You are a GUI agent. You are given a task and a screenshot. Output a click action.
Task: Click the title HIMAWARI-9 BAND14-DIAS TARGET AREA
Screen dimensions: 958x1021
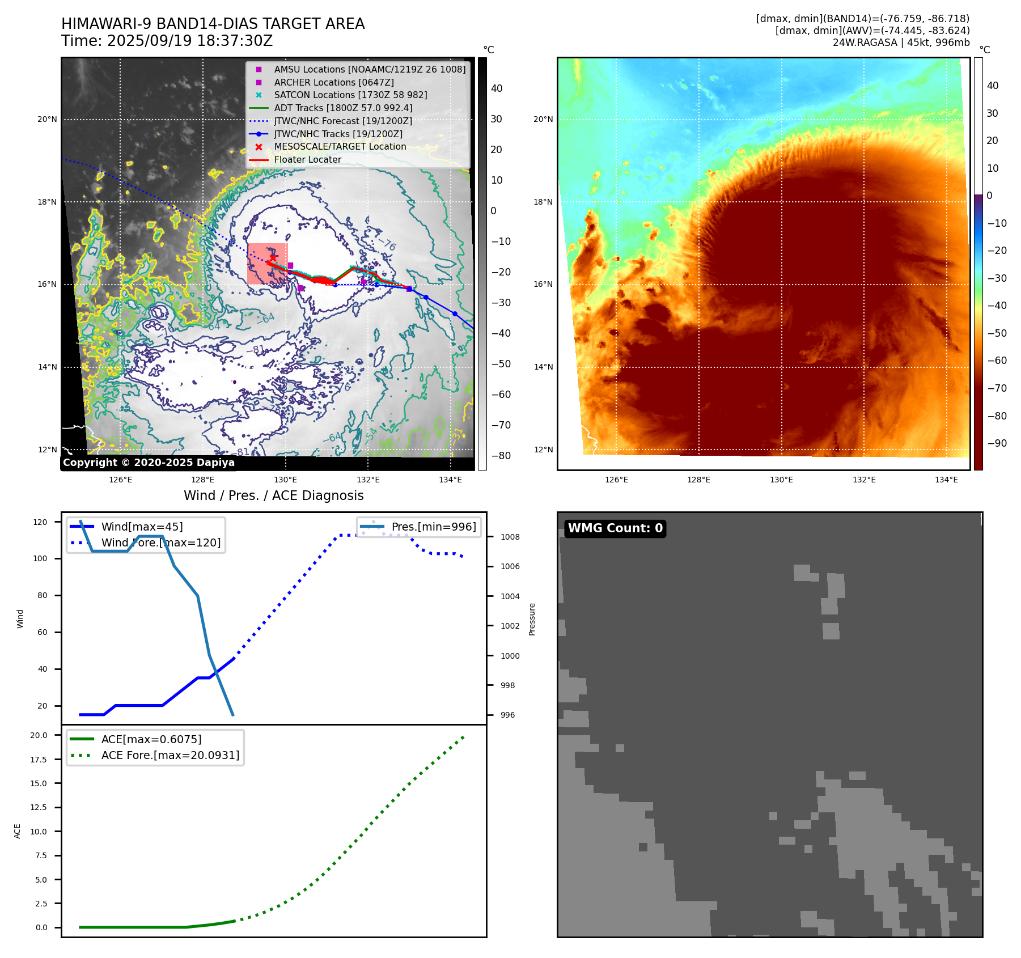[213, 24]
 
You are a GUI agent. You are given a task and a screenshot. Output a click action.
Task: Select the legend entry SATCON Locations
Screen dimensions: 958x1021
[350, 95]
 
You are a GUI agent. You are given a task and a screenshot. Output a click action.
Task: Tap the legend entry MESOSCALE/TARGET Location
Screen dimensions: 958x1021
[340, 147]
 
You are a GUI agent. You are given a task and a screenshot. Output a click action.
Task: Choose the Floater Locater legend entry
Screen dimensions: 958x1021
[307, 160]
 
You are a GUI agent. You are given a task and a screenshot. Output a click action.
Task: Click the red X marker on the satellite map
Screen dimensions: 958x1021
[273, 258]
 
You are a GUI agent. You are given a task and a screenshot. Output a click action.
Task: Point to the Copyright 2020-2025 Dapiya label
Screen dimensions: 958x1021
[149, 463]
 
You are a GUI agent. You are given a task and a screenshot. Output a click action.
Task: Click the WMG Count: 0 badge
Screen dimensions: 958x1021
[615, 528]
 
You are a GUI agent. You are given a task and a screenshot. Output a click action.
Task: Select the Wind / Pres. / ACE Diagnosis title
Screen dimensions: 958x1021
[273, 495]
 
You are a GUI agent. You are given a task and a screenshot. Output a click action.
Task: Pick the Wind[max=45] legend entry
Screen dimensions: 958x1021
[142, 527]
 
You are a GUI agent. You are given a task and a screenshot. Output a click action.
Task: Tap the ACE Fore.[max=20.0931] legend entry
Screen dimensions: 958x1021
[170, 755]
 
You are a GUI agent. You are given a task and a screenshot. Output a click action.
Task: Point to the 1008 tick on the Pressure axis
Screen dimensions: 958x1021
[510, 537]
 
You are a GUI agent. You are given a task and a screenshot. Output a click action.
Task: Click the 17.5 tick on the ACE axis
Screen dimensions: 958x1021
[39, 760]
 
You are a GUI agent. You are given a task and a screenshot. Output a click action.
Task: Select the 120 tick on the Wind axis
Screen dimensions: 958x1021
[40, 522]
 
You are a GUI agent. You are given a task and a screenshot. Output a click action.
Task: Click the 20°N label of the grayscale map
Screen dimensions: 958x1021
[47, 120]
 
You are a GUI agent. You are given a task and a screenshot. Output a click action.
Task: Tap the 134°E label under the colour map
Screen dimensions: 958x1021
[946, 480]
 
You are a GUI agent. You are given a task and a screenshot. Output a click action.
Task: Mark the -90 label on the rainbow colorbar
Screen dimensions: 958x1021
[997, 443]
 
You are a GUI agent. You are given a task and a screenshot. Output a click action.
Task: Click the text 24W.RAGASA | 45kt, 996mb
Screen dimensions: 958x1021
[901, 43]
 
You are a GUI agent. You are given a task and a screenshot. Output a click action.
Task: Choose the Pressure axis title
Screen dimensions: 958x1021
[532, 619]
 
